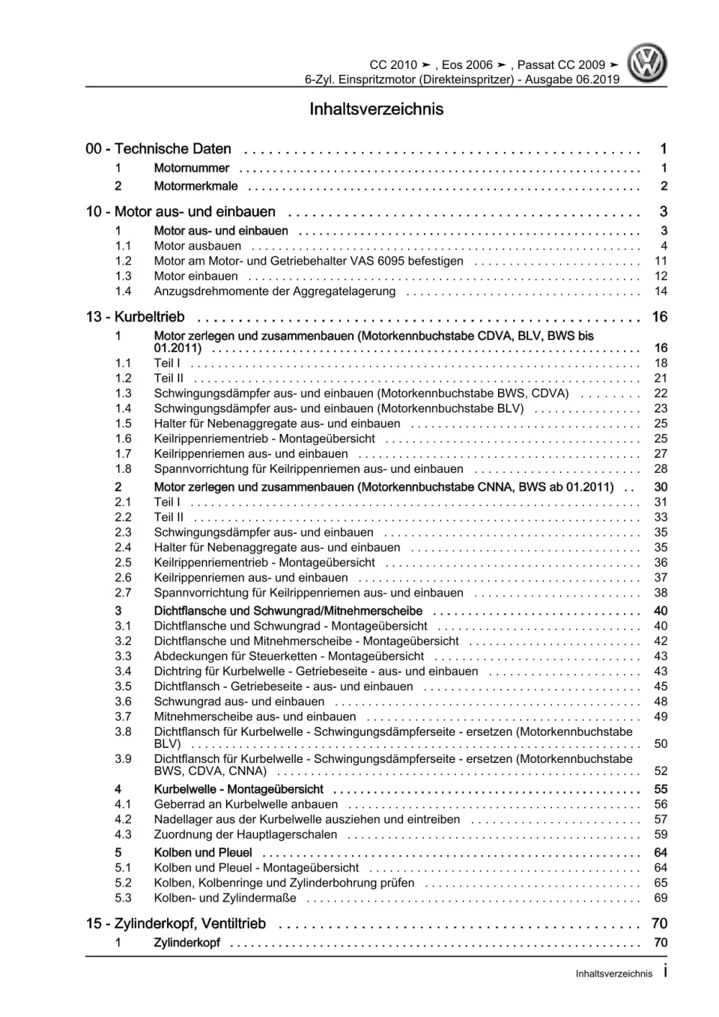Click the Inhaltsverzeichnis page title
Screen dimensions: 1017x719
(376, 109)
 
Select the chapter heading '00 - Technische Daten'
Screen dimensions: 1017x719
(158, 149)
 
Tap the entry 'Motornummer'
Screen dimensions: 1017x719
(191, 168)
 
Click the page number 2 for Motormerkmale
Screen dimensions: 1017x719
(664, 186)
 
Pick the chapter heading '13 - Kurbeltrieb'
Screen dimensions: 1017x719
(135, 317)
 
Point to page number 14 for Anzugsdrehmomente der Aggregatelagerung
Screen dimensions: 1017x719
(661, 291)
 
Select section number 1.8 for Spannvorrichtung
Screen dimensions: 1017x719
(123, 469)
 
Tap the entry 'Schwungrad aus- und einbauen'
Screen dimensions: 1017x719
(239, 702)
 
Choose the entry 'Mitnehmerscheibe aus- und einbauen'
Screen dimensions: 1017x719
(255, 717)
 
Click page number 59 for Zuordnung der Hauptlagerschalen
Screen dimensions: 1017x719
(661, 835)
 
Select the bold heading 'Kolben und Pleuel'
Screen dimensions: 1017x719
(203, 853)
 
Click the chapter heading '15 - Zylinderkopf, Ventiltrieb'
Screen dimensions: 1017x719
(176, 923)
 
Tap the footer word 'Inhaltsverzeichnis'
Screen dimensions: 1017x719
(614, 974)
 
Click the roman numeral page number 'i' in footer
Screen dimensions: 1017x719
(664, 972)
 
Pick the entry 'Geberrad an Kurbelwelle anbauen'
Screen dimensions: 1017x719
(245, 805)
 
